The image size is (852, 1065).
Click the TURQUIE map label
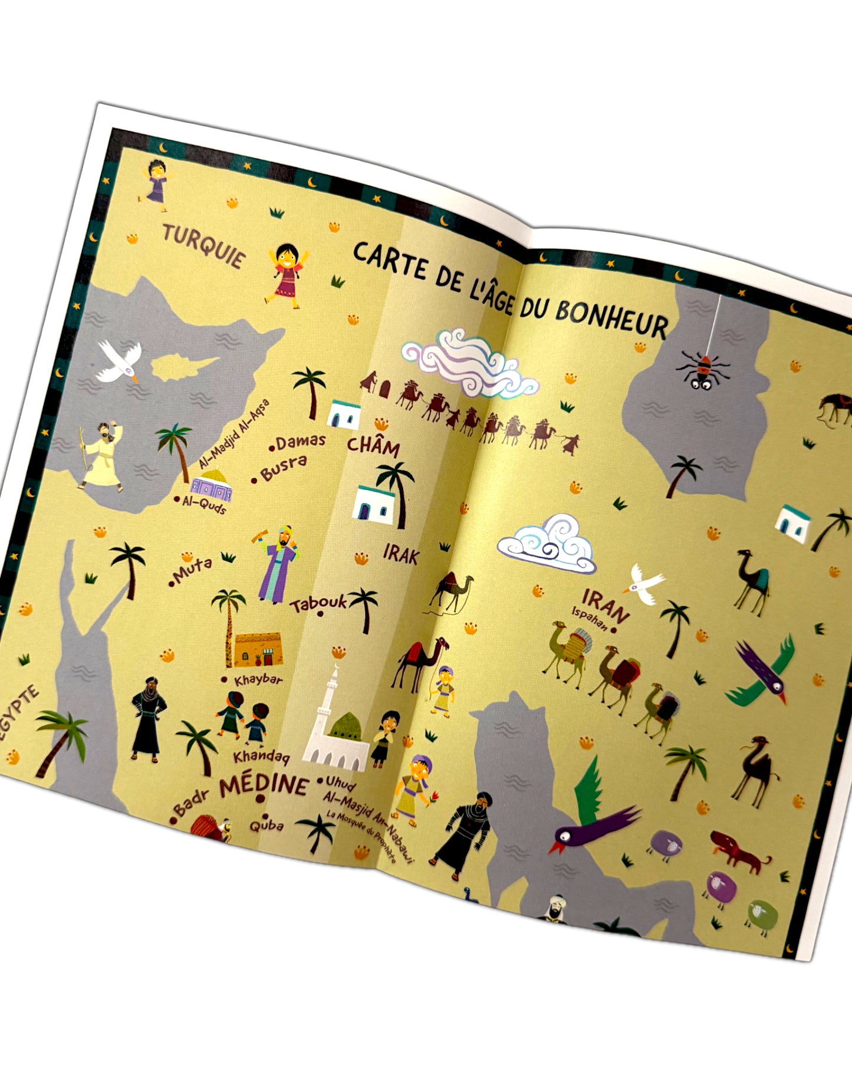(x=203, y=246)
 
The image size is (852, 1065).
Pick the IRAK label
(x=401, y=554)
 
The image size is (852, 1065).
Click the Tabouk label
(x=318, y=603)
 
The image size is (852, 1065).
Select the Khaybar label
(x=258, y=680)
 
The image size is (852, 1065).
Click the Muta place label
(x=192, y=570)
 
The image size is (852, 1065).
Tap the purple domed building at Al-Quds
(x=211, y=485)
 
